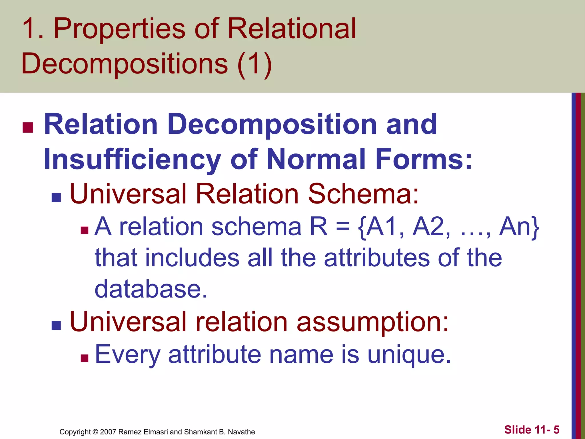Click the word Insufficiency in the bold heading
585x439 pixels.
(132, 159)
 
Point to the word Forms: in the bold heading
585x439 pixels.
(424, 159)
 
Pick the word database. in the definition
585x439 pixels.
(151, 289)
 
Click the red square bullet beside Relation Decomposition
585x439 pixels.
(28, 127)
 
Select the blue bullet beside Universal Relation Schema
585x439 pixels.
(56, 197)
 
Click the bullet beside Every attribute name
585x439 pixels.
(85, 358)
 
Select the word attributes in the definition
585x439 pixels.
(377, 258)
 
